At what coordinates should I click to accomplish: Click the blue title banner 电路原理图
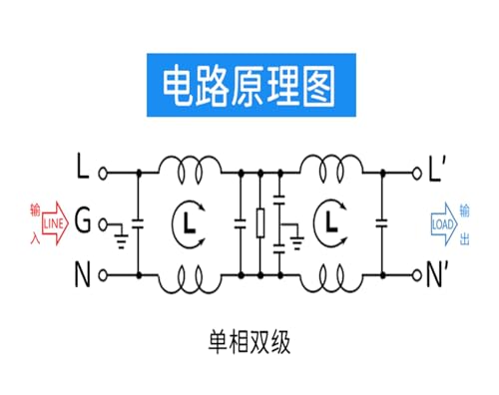[251, 85]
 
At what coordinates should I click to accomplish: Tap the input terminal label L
[83, 166]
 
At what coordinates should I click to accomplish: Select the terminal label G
[83, 219]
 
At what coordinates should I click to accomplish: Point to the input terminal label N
[83, 274]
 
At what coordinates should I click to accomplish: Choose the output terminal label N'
[437, 274]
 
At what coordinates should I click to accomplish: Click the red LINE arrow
[55, 223]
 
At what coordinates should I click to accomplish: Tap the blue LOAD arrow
[444, 224]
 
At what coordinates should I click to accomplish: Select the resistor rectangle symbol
[260, 223]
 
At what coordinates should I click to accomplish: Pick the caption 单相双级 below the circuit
[249, 342]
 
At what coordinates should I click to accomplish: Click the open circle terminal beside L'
[417, 173]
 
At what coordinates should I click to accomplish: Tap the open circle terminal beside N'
[417, 275]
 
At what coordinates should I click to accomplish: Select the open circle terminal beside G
[103, 224]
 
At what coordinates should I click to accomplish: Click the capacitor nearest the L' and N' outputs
[382, 223]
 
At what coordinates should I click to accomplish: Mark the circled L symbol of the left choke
[189, 223]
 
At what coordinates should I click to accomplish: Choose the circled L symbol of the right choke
[330, 223]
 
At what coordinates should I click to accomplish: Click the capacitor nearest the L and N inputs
[139, 223]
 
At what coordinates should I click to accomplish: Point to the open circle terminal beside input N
[103, 275]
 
